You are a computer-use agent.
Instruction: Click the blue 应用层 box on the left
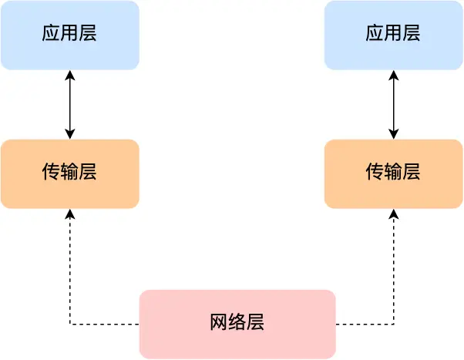pyautogui.click(x=69, y=35)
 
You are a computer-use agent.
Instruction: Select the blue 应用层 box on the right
pyautogui.click(x=393, y=35)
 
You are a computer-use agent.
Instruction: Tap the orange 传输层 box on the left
pyautogui.click(x=69, y=173)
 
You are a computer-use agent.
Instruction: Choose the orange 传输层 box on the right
pyautogui.click(x=393, y=173)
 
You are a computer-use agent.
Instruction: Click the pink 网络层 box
pyautogui.click(x=237, y=324)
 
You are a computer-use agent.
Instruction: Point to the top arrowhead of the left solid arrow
pyautogui.click(x=70, y=75)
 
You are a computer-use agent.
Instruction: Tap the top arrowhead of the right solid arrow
pyautogui.click(x=394, y=75)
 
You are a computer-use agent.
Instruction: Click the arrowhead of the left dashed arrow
pyautogui.click(x=70, y=214)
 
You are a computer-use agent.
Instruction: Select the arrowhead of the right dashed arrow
pyautogui.click(x=394, y=214)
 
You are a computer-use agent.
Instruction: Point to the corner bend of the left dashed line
pyautogui.click(x=70, y=324)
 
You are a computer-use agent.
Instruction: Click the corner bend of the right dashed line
pyautogui.click(x=394, y=324)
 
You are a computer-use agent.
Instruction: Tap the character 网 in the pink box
pyautogui.click(x=219, y=323)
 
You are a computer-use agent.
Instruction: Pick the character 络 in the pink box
pyautogui.click(x=237, y=323)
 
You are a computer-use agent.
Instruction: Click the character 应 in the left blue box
pyautogui.click(x=51, y=34)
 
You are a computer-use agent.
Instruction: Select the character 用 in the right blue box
pyautogui.click(x=393, y=34)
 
